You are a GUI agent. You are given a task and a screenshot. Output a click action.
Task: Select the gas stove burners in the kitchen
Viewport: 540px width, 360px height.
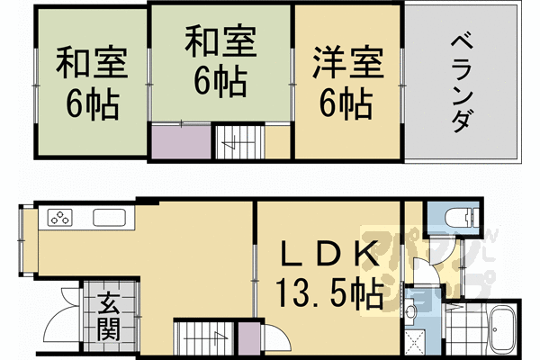(x=60, y=218)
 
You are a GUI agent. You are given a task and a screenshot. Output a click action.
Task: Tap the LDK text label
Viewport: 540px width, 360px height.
(x=328, y=256)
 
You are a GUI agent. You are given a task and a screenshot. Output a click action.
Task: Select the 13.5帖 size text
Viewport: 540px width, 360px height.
(x=328, y=292)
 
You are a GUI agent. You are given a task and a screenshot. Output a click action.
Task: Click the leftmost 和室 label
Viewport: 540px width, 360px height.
(x=90, y=66)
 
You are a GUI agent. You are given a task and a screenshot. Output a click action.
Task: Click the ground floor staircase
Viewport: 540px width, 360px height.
(x=202, y=339)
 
